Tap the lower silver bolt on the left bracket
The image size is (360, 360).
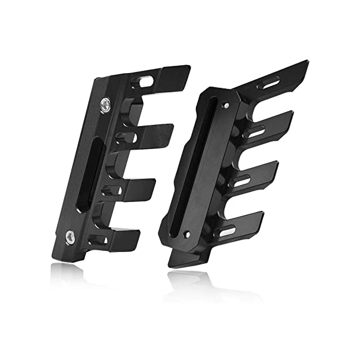(x=71, y=237)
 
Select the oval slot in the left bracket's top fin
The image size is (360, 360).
(x=145, y=82)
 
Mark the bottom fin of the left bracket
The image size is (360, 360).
(x=124, y=239)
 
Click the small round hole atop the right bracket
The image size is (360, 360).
(x=226, y=105)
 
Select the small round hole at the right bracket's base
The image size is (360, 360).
(x=187, y=233)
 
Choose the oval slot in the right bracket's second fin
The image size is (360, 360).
(x=256, y=133)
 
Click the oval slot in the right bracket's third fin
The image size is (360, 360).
(x=242, y=182)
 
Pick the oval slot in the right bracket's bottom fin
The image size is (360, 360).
(x=227, y=231)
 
